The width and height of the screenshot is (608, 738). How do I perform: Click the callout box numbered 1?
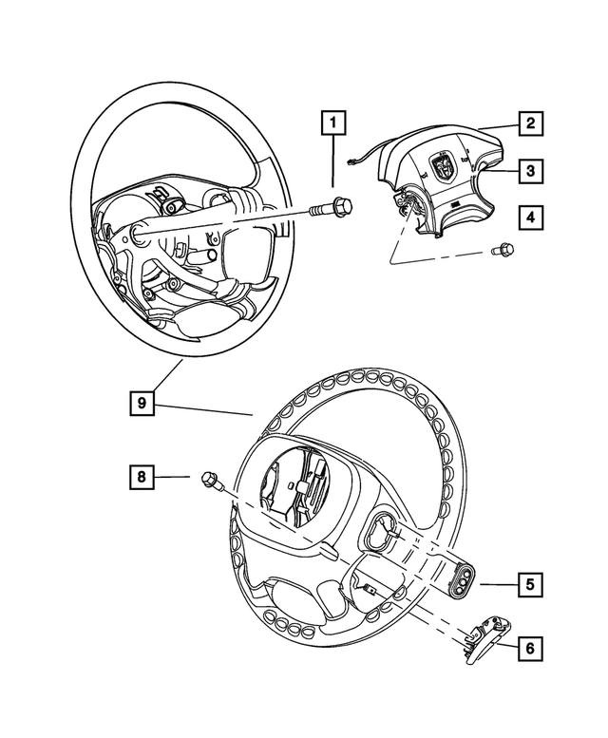pos(332,123)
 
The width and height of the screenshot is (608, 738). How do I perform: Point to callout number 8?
pos(142,477)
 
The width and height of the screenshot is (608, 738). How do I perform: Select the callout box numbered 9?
pos(142,404)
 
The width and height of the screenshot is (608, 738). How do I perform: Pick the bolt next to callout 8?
pos(210,482)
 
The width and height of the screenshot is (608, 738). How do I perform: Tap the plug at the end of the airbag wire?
pos(352,163)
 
